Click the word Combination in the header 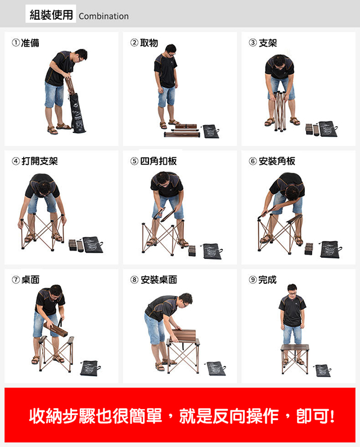point(103,16)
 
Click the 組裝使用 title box point(51,14)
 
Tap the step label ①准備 point(26,43)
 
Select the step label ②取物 point(144,43)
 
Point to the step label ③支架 point(263,43)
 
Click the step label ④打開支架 point(35,161)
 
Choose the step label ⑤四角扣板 point(154,161)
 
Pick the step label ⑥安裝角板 point(272,161)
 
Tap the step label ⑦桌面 point(26,280)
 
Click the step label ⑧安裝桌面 point(154,280)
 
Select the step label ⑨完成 point(263,280)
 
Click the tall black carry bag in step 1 point(77,113)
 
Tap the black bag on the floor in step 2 point(211,131)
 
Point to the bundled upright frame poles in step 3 point(280,111)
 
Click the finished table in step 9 point(295,359)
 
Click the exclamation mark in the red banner point(331,416)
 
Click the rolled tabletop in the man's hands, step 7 point(56,329)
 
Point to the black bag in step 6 point(330,249)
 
